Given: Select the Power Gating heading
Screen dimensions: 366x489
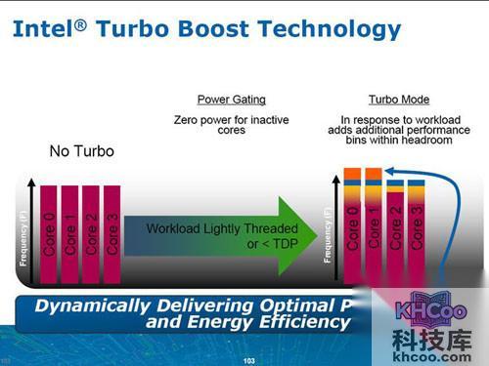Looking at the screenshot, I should click(231, 100).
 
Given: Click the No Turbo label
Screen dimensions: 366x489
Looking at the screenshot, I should click(82, 151).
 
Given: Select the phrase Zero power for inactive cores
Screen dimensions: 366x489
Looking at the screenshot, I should click(231, 124).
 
